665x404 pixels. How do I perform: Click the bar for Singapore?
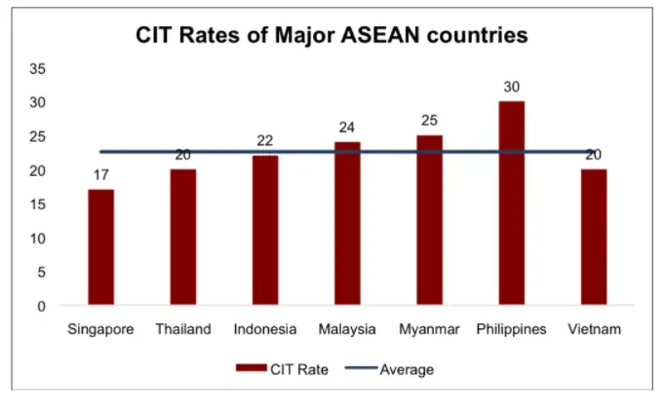(100, 248)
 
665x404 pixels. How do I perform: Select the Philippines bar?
(512, 203)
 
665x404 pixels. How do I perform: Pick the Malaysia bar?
(347, 224)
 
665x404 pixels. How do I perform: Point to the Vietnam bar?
(594, 238)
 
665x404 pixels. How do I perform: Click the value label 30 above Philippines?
(512, 88)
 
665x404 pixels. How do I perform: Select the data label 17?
(100, 176)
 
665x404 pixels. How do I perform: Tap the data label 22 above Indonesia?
(265, 142)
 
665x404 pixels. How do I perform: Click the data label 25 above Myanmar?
(429, 122)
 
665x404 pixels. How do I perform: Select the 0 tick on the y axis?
(42, 306)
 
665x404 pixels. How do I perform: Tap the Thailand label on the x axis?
(182, 330)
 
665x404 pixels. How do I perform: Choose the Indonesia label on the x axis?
(265, 330)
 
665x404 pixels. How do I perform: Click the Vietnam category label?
(594, 330)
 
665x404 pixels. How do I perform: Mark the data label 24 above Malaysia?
(347, 129)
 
